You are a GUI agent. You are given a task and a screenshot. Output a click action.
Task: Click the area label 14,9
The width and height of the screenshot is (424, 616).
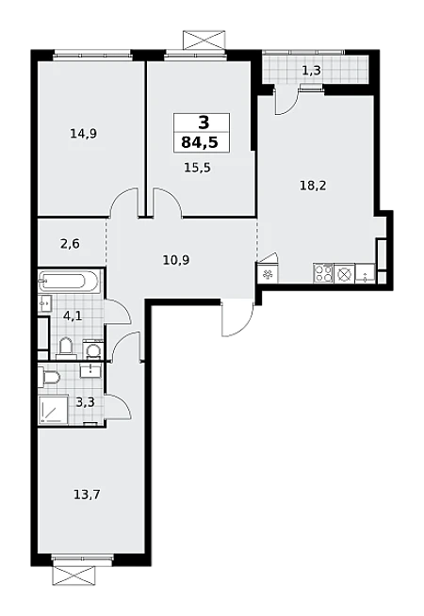(83, 134)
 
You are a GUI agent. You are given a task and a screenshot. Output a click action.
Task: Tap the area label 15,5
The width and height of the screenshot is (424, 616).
(197, 168)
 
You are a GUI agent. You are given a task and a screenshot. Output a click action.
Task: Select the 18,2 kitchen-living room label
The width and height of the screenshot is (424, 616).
(313, 186)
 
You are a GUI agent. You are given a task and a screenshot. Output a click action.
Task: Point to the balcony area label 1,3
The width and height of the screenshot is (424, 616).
(312, 71)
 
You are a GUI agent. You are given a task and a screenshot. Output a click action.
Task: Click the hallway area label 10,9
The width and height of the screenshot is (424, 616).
(176, 260)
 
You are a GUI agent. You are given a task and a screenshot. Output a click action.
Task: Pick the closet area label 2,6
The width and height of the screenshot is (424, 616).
(70, 244)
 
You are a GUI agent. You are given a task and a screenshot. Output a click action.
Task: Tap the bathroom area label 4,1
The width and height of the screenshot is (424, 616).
(73, 316)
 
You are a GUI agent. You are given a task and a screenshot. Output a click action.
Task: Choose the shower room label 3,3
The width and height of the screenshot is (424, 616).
(85, 403)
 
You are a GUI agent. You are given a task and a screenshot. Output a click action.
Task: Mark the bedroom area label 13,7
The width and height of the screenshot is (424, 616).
(87, 494)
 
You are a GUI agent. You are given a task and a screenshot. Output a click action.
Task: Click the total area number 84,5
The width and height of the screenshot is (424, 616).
(200, 142)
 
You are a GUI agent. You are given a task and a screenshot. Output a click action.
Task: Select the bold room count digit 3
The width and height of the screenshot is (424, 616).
(204, 123)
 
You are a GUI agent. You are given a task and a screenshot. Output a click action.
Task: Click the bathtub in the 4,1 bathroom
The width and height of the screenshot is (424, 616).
(67, 282)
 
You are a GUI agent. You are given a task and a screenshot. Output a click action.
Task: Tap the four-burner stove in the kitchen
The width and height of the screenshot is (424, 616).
(323, 273)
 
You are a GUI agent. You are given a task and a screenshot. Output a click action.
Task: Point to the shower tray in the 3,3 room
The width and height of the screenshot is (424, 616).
(54, 410)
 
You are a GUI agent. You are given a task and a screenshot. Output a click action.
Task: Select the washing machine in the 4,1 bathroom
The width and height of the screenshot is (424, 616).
(93, 349)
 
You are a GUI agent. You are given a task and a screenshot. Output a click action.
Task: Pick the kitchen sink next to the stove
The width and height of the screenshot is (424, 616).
(365, 274)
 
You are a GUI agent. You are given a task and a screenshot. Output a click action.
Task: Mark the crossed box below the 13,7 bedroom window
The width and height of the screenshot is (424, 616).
(73, 575)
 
